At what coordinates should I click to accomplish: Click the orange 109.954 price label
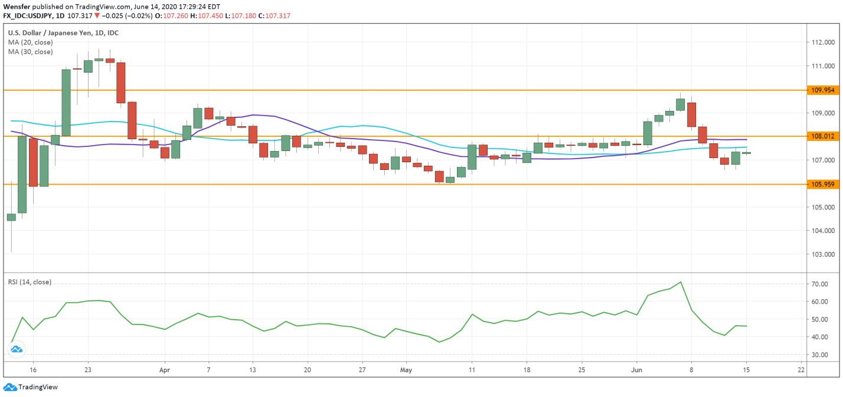(x=822, y=90)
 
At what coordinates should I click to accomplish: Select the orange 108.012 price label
(x=822, y=136)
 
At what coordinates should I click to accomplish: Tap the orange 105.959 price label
(x=822, y=184)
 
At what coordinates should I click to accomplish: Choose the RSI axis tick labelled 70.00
(x=819, y=284)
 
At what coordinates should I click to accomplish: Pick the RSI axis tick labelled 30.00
(x=819, y=355)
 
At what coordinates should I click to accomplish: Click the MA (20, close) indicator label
(x=30, y=42)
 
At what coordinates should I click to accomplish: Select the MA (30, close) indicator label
(x=30, y=52)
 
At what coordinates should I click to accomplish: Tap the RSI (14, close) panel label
(x=30, y=282)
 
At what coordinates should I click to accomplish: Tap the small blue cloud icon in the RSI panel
(x=16, y=349)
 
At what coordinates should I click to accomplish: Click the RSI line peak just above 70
(x=681, y=282)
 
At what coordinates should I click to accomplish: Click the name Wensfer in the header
(x=17, y=6)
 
